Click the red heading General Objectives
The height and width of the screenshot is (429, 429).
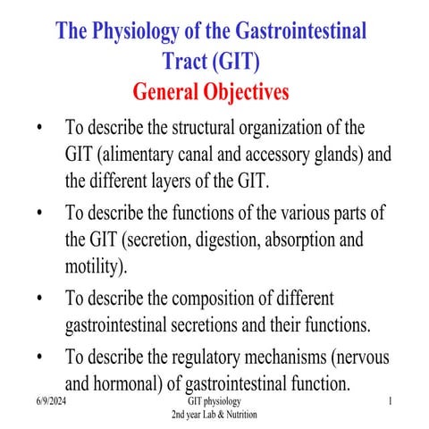click(211, 91)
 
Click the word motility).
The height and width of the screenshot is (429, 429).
click(97, 267)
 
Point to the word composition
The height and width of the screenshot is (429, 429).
click(214, 299)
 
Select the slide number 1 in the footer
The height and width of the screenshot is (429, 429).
click(391, 404)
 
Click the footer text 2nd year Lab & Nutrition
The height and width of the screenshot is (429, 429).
click(214, 416)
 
